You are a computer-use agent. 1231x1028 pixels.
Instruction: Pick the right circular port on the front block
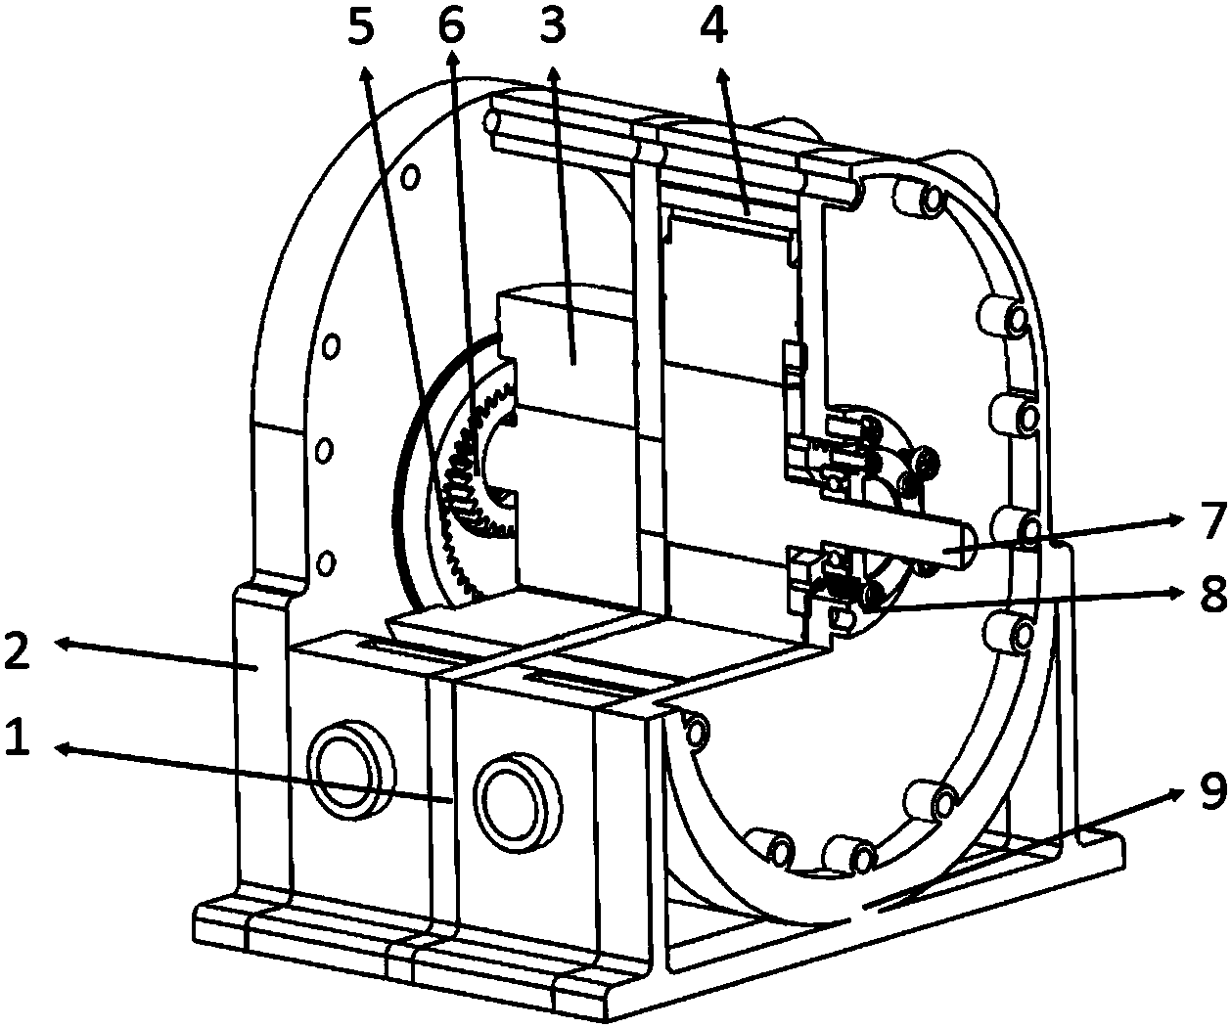point(519,802)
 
